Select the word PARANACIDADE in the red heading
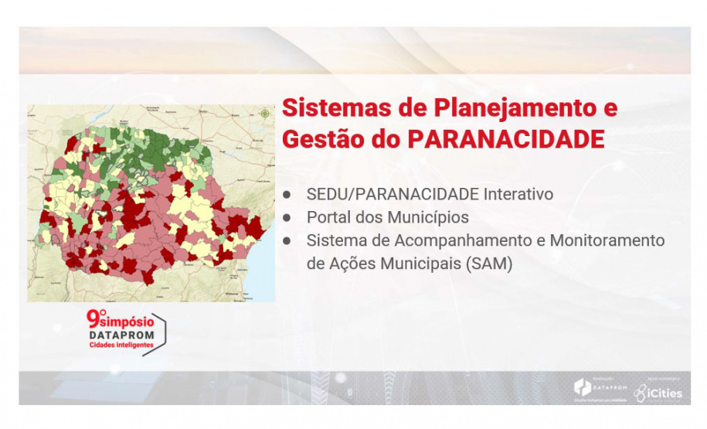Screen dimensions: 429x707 [x=505, y=140]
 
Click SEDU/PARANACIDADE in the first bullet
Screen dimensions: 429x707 [x=393, y=194]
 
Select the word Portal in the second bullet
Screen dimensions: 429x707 [x=327, y=217]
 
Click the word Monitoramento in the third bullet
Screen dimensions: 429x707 [x=607, y=240]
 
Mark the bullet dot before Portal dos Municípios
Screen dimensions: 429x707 [x=287, y=217]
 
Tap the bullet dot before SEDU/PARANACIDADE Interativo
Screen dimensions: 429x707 [x=287, y=194]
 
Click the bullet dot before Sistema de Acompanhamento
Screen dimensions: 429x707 [x=287, y=240]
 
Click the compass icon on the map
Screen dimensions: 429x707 [x=265, y=114]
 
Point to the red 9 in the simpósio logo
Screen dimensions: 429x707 [x=93, y=319]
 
